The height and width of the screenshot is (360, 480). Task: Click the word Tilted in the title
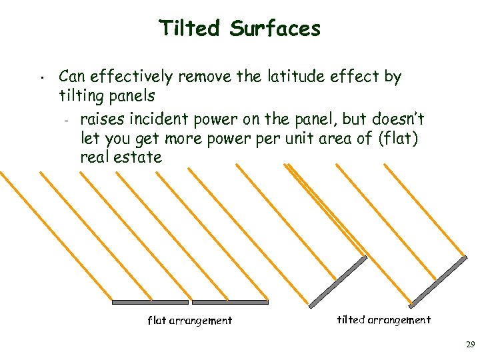pyautogui.click(x=189, y=29)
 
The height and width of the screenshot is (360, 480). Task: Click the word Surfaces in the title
pyautogui.click(x=275, y=29)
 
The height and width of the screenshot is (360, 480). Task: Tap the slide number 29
pyautogui.click(x=470, y=345)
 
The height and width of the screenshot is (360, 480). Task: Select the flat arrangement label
pyautogui.click(x=189, y=321)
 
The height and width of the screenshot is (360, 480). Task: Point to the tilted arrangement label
pyautogui.click(x=383, y=320)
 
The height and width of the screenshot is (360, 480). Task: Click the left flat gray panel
pyautogui.click(x=150, y=302)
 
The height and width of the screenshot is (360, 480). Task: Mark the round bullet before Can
pyautogui.click(x=41, y=78)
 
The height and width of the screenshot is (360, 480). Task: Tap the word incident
pyautogui.click(x=160, y=119)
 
